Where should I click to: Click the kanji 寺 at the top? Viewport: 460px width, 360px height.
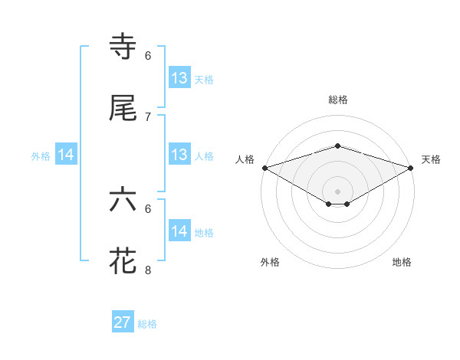(x=123, y=47)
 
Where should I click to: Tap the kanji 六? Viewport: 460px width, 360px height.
(x=123, y=200)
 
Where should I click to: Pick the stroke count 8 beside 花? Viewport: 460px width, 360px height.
(x=148, y=270)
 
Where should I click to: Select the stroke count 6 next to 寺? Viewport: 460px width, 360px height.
(x=148, y=55)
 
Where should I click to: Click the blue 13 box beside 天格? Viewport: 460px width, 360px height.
(x=179, y=78)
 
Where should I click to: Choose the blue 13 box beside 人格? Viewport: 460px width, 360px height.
(x=179, y=155)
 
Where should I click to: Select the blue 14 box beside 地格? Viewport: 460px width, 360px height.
(x=179, y=231)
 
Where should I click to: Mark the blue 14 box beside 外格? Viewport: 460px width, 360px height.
(x=67, y=155)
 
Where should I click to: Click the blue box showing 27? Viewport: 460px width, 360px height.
(x=123, y=322)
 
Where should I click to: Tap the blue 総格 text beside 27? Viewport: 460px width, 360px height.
(x=147, y=324)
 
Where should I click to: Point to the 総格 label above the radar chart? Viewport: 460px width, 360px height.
(x=337, y=100)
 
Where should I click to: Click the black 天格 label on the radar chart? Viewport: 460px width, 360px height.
(x=431, y=159)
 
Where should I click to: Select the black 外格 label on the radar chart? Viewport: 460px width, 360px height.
(x=270, y=262)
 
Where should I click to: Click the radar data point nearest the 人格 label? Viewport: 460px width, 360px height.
(x=264, y=168)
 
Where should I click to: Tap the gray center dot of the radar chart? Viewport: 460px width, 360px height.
(x=337, y=191)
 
